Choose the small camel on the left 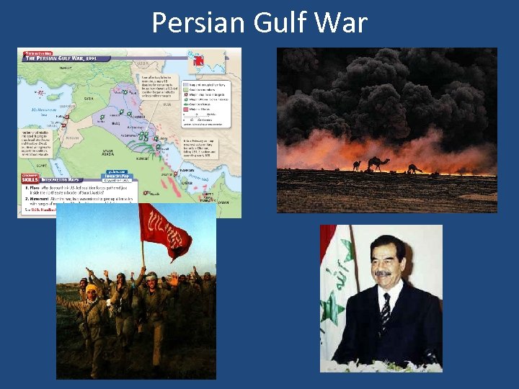(x=356, y=166)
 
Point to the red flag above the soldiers (x=166, y=231)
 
